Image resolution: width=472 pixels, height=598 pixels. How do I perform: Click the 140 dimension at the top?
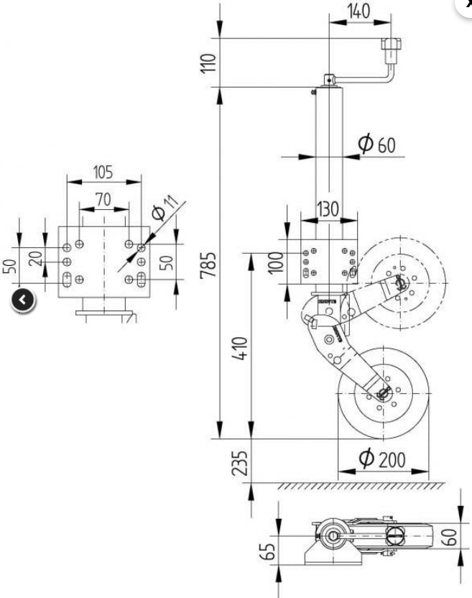click(358, 11)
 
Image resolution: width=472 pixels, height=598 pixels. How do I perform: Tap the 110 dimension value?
click(208, 63)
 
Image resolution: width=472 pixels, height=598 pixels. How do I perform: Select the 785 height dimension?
click(208, 264)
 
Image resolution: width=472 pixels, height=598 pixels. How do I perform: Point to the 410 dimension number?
click(240, 348)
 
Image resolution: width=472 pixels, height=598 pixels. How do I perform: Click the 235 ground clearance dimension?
click(240, 463)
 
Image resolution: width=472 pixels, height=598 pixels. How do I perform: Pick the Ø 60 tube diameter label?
click(377, 144)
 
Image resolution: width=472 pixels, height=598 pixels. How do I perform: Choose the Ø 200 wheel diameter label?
click(382, 459)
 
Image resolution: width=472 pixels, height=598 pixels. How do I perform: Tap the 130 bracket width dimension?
click(328, 209)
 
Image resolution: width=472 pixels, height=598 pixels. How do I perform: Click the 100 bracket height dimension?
click(276, 262)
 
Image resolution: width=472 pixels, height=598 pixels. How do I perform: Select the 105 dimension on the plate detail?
click(103, 172)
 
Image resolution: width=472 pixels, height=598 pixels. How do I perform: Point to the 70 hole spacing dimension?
click(103, 199)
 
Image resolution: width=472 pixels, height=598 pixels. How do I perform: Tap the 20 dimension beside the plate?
click(36, 259)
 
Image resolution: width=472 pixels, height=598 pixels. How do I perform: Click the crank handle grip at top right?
click(391, 45)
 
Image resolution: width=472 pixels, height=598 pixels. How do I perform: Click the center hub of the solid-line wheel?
click(383, 393)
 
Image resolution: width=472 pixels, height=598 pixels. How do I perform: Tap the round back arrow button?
click(23, 300)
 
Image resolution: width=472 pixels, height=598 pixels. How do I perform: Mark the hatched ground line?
click(361, 485)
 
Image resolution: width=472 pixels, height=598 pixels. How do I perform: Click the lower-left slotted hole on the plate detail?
click(67, 280)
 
